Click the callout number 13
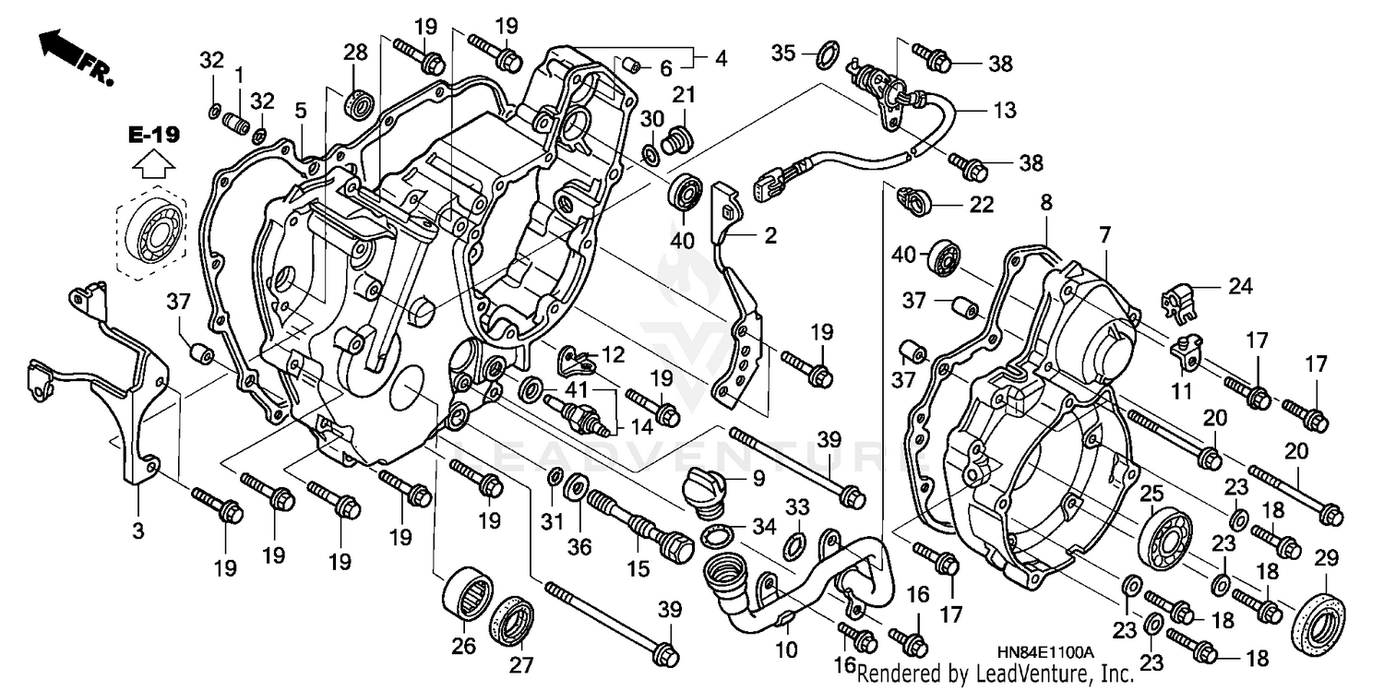point(1005,111)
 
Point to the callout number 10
point(785,650)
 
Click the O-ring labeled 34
point(719,536)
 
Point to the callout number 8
point(1046,202)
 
